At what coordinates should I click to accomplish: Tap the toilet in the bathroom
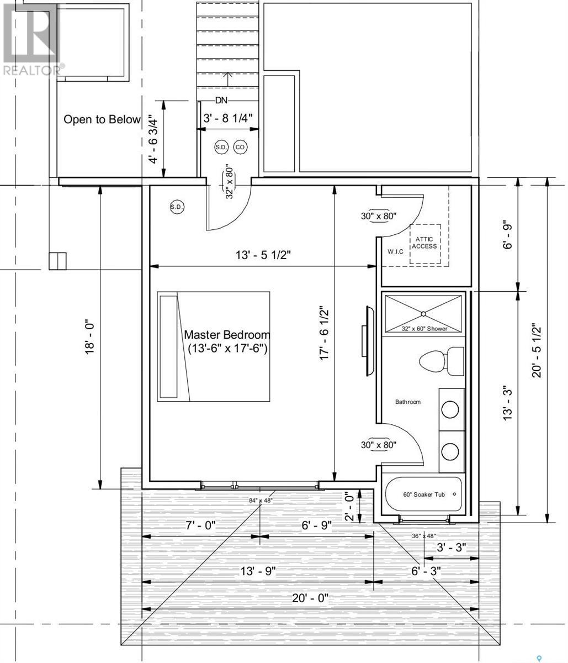(x=441, y=361)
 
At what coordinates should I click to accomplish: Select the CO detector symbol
(x=240, y=147)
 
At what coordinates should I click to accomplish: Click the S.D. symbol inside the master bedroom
(x=177, y=207)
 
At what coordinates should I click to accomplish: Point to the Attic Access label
(x=424, y=243)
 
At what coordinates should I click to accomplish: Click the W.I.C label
(x=395, y=251)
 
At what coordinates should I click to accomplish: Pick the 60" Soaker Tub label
(x=424, y=494)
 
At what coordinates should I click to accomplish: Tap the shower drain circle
(x=423, y=313)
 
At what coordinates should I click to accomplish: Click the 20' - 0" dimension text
(x=310, y=598)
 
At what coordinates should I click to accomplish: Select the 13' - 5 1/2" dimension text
(x=263, y=255)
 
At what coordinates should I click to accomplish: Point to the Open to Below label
(x=102, y=119)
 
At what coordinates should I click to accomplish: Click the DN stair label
(x=221, y=101)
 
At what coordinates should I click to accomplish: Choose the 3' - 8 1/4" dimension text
(x=228, y=118)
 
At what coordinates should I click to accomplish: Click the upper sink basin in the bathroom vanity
(x=450, y=409)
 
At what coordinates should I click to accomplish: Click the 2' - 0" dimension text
(x=350, y=507)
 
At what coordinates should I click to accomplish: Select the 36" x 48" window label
(x=424, y=536)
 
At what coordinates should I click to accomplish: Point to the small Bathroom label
(x=408, y=402)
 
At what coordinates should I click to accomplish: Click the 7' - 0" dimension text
(x=201, y=525)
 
